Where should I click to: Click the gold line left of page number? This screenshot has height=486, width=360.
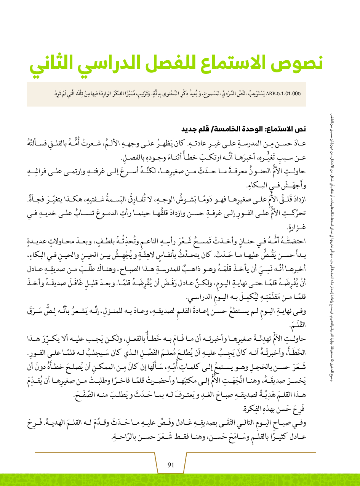(95, 453)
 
